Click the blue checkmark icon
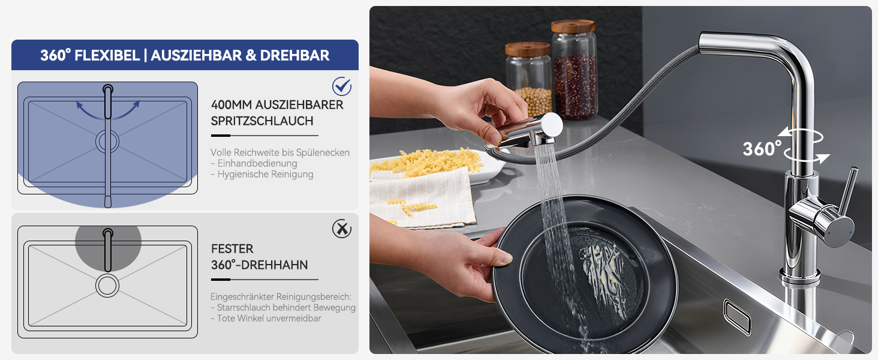342,86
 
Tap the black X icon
342,229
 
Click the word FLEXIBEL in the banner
107,55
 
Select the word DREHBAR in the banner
294,55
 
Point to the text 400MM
231,105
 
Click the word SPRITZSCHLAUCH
262,121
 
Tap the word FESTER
232,248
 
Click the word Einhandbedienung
257,163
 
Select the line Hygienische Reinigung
262,174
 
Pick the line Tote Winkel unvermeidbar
266,318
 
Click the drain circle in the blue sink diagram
107,142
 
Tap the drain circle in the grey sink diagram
107,286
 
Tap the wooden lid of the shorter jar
528,49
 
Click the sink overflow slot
737,317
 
